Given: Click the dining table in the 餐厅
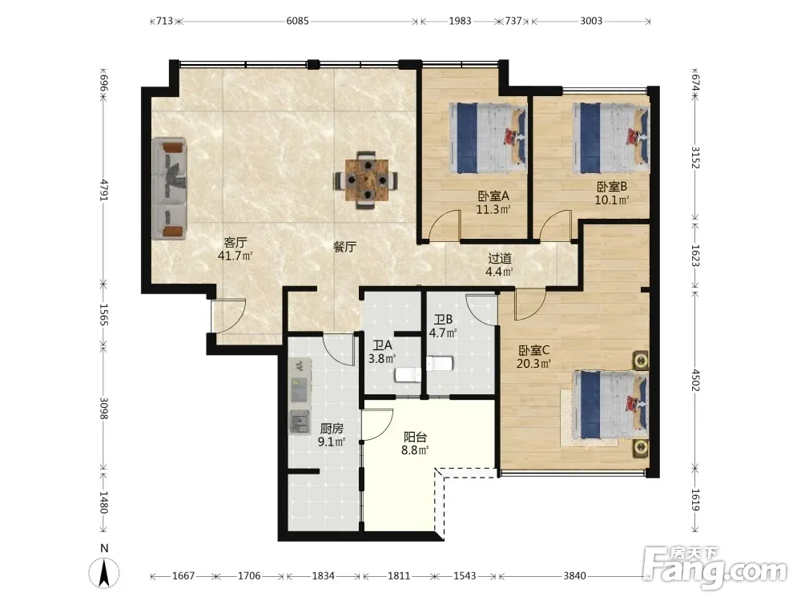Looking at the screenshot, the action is pyautogui.click(x=366, y=179).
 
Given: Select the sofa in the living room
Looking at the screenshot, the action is pyautogui.click(x=169, y=188).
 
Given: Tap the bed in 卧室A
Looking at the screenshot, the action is pyautogui.click(x=488, y=138).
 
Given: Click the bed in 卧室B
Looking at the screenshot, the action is pyautogui.click(x=611, y=138).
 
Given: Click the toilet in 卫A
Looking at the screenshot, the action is pyautogui.click(x=407, y=375).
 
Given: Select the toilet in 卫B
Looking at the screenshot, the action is pyautogui.click(x=439, y=364).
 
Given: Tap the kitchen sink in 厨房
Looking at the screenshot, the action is pyautogui.click(x=300, y=422).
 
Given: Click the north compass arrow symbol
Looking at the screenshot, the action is pyautogui.click(x=103, y=572).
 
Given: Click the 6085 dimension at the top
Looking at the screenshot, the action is pyautogui.click(x=297, y=21).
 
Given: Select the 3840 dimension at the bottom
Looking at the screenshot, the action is pyautogui.click(x=574, y=576).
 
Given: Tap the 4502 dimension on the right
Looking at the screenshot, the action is pyautogui.click(x=695, y=380).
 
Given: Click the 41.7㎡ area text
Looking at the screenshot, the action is pyautogui.click(x=235, y=256).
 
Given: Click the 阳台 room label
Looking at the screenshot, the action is pyautogui.click(x=415, y=437).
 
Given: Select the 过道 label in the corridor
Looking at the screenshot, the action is pyautogui.click(x=499, y=259).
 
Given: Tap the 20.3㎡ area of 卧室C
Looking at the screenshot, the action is pyautogui.click(x=533, y=364).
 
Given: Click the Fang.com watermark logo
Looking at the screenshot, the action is pyautogui.click(x=715, y=567).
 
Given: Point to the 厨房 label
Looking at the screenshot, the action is pyautogui.click(x=332, y=429).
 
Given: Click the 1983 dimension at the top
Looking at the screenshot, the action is pyautogui.click(x=460, y=21).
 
